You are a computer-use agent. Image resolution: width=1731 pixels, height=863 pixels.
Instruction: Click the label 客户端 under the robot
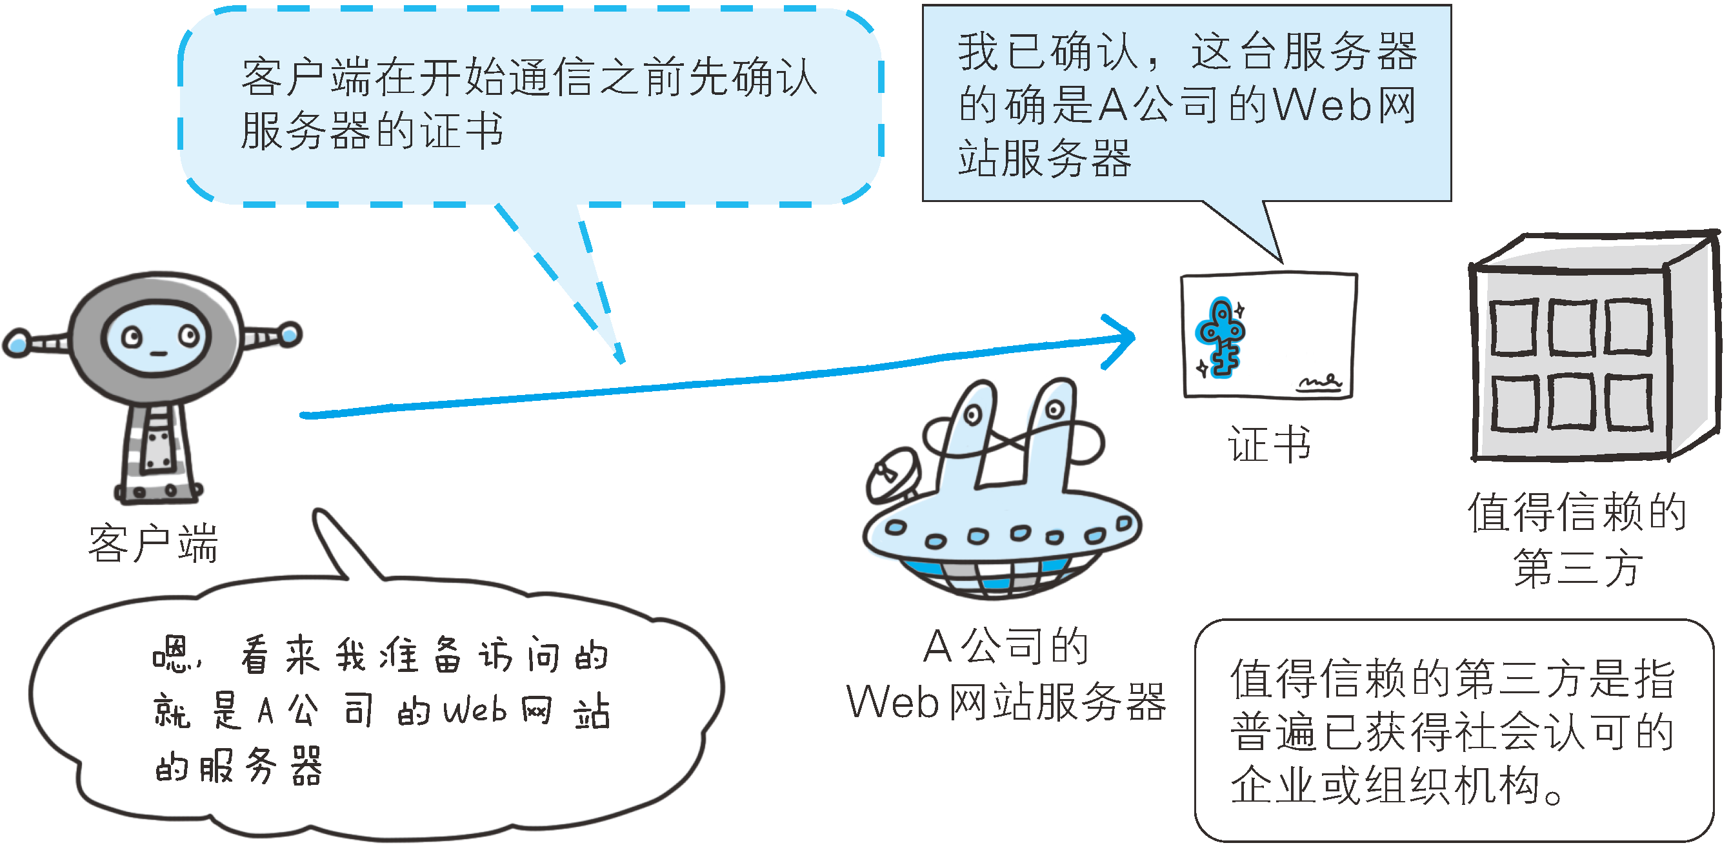coord(153,543)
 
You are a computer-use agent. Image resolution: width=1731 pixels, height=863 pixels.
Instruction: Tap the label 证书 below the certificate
coord(1269,444)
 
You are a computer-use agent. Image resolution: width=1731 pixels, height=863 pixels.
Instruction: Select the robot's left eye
coord(132,337)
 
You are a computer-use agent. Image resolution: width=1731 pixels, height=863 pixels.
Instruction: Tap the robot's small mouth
coord(158,354)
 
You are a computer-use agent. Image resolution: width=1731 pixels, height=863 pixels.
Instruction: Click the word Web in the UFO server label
coord(892,703)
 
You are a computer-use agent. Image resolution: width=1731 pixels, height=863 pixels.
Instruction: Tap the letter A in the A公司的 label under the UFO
coord(937,647)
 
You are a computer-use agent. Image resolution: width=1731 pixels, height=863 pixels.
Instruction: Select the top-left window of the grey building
coord(1514,327)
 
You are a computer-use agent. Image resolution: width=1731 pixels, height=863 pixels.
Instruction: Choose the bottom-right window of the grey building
coord(1628,402)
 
